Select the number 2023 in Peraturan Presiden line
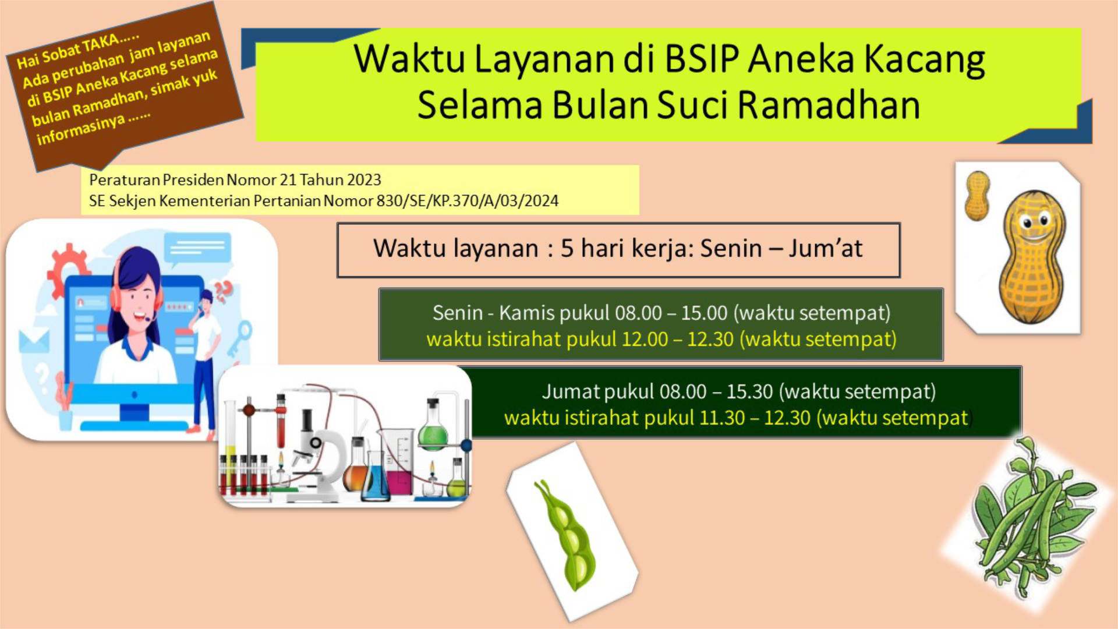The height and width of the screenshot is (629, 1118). pyautogui.click(x=364, y=180)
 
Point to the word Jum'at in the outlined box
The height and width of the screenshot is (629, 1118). pyautogui.click(x=825, y=248)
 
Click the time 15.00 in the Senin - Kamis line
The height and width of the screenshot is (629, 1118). pyautogui.click(x=705, y=313)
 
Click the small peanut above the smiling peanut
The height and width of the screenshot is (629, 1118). pyautogui.click(x=978, y=196)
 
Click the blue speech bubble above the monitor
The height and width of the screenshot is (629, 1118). pyautogui.click(x=198, y=248)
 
